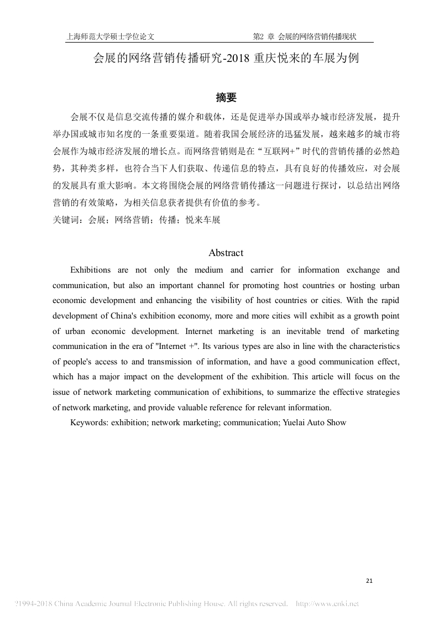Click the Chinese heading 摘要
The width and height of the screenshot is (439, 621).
tap(226, 98)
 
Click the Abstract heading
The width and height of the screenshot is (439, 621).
tap(226, 253)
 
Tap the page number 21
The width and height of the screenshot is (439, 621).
tap(370, 581)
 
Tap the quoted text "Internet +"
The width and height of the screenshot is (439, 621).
tap(175, 346)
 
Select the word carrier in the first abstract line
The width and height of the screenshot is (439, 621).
tap(261, 270)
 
